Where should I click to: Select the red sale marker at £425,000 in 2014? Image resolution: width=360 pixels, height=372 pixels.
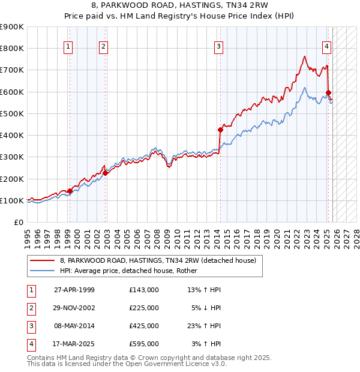pos(220,130)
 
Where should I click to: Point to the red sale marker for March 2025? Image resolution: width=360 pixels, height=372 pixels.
pos(328,93)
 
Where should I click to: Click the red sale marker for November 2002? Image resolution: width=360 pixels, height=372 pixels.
pos(105,173)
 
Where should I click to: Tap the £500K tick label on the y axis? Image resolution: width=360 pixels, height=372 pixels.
pos(12,113)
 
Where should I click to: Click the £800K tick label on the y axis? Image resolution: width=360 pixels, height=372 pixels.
pos(12,48)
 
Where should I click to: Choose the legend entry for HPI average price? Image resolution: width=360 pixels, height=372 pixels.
pos(133,271)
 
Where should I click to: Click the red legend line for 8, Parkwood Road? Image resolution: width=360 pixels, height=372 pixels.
pos(42,260)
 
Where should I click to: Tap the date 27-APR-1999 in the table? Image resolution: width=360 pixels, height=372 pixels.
pos(74,290)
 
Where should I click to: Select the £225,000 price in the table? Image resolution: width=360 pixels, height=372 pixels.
pos(143,308)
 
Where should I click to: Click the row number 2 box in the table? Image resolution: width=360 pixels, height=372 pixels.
pos(29,308)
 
